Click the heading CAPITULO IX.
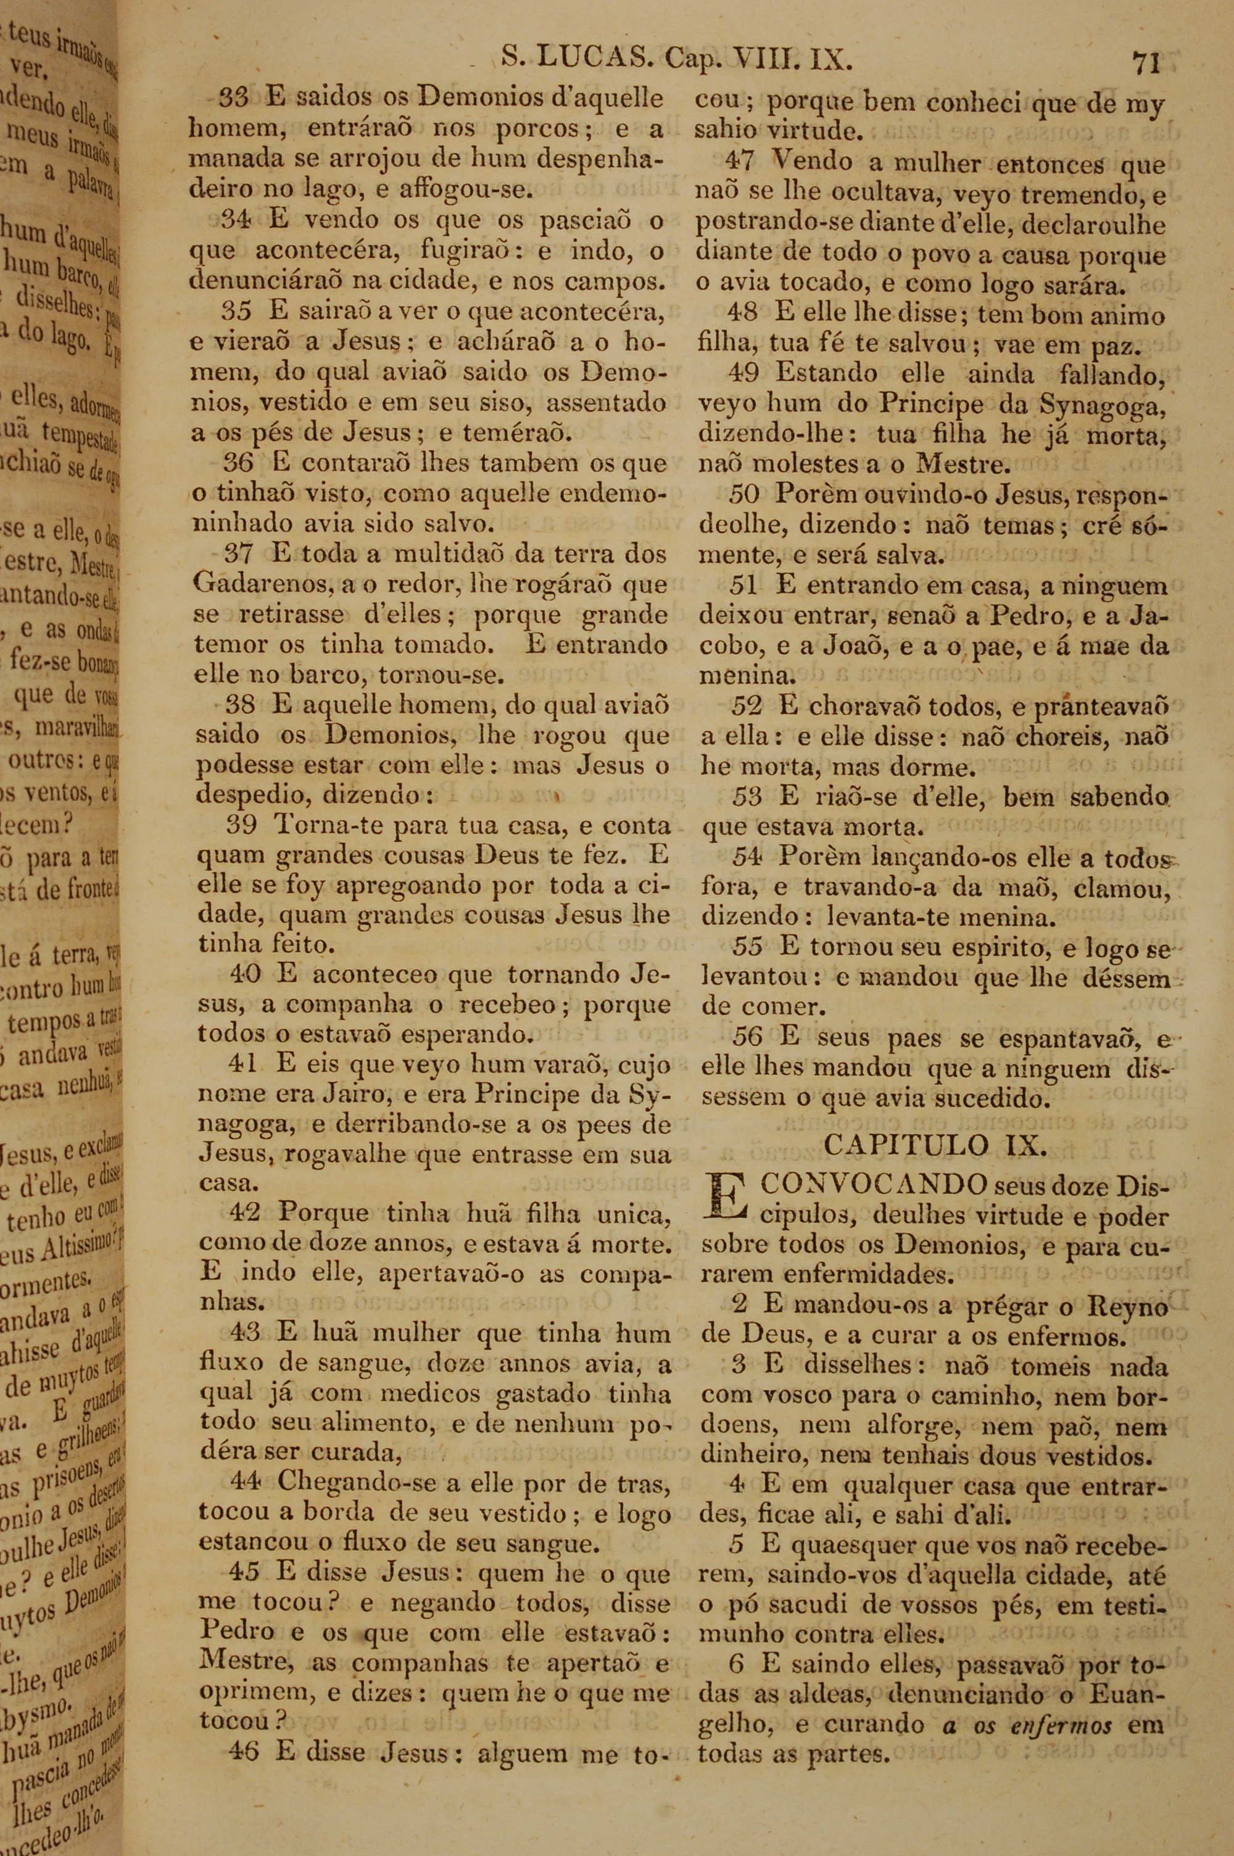point(935,1145)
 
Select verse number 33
point(234,98)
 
